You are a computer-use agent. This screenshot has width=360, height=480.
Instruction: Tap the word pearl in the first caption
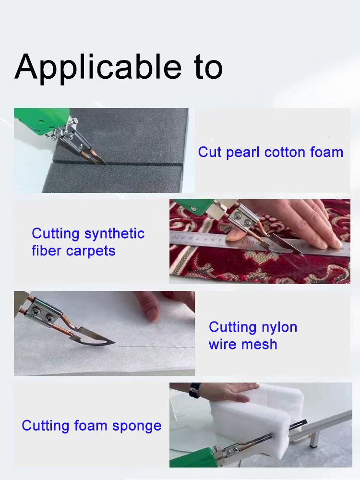point(243,153)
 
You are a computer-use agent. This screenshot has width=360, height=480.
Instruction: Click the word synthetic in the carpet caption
point(114,234)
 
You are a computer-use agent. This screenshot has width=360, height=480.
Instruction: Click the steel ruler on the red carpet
point(260,245)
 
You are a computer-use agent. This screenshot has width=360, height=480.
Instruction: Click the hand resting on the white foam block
point(228,392)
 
